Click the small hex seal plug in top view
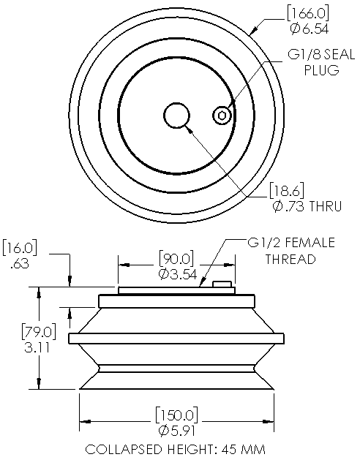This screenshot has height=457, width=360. (x=222, y=115)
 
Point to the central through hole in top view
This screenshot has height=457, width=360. (x=176, y=116)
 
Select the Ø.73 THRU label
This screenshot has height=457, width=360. (x=307, y=207)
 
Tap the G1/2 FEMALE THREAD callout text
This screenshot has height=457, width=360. (x=290, y=251)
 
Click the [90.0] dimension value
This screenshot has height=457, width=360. (x=176, y=259)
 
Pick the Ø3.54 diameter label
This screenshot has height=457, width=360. (x=176, y=273)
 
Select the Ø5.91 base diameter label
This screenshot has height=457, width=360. (x=176, y=430)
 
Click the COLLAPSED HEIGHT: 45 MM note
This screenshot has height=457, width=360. (x=176, y=447)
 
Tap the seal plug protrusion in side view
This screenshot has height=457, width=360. (x=222, y=284)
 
